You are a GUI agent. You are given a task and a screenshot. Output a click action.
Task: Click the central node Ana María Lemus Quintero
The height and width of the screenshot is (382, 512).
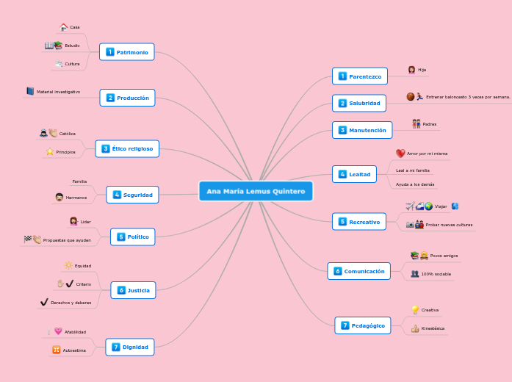(256, 192)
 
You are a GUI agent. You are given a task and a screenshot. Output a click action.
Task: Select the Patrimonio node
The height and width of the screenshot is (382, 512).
(127, 52)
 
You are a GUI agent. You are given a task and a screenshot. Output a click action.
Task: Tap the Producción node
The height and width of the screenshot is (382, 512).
(128, 98)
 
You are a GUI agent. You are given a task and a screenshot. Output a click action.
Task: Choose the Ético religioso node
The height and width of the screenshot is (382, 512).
(127, 149)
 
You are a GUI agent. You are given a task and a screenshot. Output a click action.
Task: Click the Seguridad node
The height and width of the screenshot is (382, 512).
(133, 195)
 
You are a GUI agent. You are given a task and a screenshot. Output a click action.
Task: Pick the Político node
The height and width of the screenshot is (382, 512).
(133, 237)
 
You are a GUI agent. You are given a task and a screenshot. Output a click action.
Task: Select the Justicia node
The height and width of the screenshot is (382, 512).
(133, 290)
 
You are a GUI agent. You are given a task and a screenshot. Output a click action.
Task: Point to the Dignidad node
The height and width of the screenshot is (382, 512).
(130, 347)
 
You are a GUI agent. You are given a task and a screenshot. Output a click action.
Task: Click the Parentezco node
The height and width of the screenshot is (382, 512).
(360, 76)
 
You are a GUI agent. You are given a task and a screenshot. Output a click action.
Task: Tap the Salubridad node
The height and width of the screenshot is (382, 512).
(359, 103)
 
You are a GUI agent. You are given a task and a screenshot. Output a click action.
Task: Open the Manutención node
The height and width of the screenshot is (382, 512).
(362, 130)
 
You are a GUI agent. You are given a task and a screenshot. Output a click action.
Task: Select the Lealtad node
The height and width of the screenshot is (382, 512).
(354, 174)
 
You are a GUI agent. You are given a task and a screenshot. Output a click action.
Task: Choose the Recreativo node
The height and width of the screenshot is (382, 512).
(359, 221)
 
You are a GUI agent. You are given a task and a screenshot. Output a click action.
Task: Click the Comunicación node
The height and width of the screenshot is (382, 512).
(359, 271)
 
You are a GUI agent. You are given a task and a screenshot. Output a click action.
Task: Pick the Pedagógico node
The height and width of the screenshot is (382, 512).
(363, 325)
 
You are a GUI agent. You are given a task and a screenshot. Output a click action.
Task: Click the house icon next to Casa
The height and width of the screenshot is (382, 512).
(64, 27)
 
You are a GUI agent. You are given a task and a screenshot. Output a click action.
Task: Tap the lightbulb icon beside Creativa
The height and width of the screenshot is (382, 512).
(415, 310)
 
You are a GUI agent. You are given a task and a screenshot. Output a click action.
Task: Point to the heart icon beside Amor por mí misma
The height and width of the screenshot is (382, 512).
(400, 154)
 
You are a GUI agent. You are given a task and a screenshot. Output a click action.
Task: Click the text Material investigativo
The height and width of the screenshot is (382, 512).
(58, 92)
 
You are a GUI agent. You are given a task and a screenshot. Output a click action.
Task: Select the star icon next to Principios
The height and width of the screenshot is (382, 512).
(50, 151)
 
